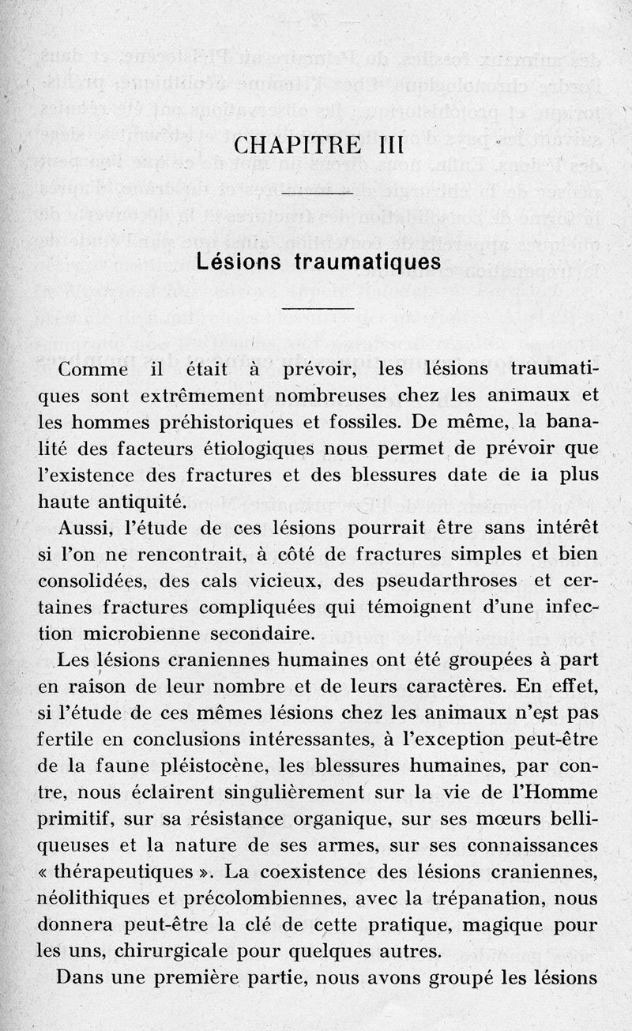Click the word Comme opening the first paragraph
tap(97, 370)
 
